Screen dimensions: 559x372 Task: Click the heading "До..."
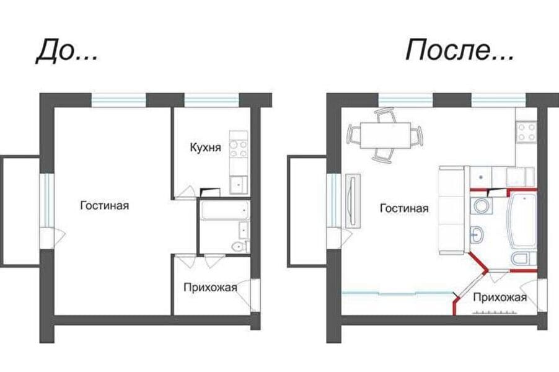(67, 51)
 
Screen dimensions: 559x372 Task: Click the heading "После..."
(460, 50)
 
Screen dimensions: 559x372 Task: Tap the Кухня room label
(205, 148)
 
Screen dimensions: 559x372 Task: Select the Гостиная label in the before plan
(105, 205)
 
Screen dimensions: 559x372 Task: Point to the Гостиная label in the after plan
(404, 208)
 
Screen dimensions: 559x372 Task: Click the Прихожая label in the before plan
(210, 287)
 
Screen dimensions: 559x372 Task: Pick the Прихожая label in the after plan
(500, 297)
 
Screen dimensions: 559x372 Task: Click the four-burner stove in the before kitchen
(239, 149)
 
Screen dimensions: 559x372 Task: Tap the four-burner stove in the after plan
(527, 132)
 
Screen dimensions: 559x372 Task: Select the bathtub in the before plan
(224, 210)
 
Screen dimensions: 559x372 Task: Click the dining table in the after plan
(385, 136)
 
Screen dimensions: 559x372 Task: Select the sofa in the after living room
(452, 210)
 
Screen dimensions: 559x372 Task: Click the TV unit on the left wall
(353, 201)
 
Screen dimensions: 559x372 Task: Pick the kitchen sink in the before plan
(239, 185)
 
